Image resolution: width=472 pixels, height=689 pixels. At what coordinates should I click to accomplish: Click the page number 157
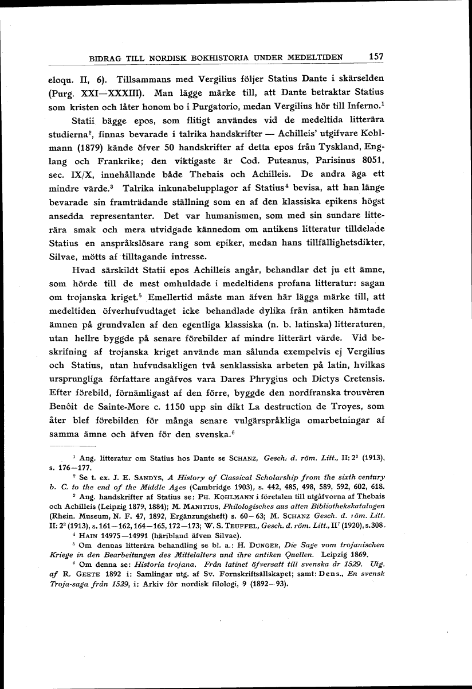coord(376,56)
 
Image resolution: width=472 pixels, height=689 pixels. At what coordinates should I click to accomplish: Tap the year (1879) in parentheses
coord(86,145)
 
